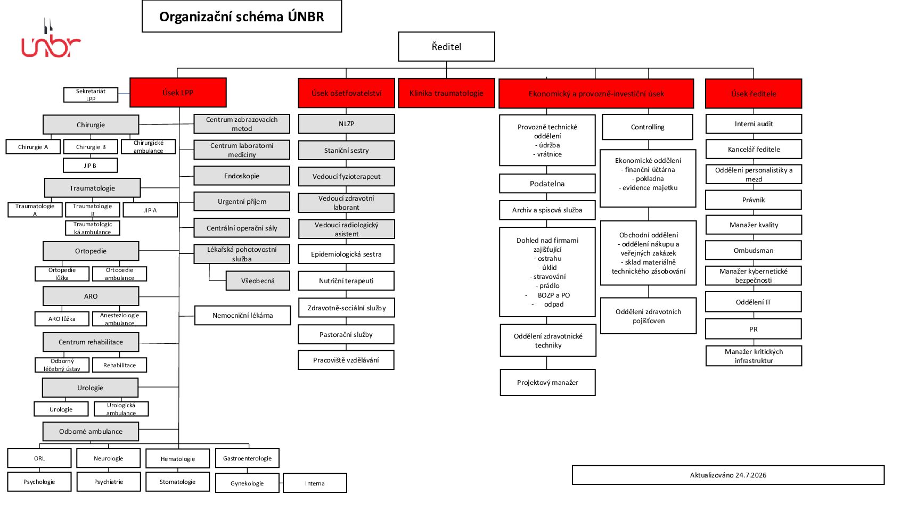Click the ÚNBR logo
[51, 38]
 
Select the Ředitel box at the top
[446, 47]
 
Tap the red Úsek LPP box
[178, 93]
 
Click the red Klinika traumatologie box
[446, 93]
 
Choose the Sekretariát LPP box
[91, 95]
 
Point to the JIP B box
[90, 166]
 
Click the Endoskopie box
[242, 176]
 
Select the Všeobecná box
[258, 281]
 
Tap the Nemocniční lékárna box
[243, 315]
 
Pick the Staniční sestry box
[347, 150]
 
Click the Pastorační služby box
[346, 334]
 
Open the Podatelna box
[547, 183]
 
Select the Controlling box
[648, 127]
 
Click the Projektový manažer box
[548, 382]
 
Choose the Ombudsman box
[754, 250]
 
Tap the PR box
[754, 329]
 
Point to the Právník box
[754, 200]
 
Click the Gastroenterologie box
[247, 458]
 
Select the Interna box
[315, 483]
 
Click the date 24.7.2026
[750, 475]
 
